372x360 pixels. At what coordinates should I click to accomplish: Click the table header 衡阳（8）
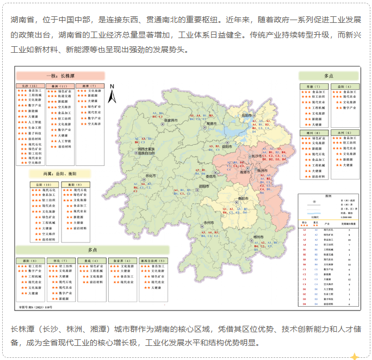point(75,184)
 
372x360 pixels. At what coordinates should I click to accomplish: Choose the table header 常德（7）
point(314,86)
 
